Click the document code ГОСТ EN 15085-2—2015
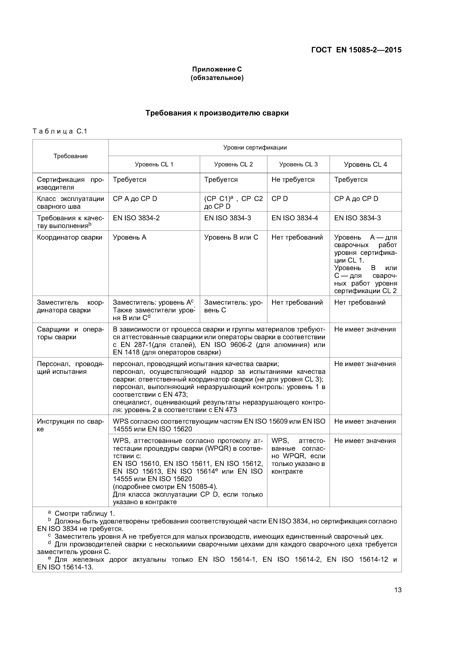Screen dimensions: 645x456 pos(356,50)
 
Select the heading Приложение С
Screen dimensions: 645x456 pos(217,69)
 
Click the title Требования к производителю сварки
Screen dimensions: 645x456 pos(217,113)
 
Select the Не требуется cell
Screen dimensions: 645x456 pos(293,179)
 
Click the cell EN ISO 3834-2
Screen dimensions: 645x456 pos(136,218)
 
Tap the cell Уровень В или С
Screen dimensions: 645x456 pos(231,237)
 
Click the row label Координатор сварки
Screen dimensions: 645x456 pos(70,237)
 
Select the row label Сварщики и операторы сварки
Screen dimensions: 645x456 pos(70,333)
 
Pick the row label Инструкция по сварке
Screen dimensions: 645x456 pos(70,425)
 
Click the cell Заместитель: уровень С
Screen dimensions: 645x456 pos(233,306)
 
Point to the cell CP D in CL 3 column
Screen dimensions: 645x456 pos(279,199)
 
